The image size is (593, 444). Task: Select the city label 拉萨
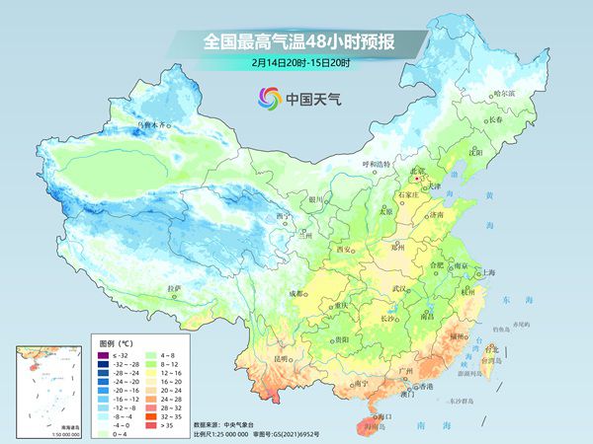[x=175, y=288]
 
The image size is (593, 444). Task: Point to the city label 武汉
[x=399, y=288]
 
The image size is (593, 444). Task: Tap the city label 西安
[x=346, y=251]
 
